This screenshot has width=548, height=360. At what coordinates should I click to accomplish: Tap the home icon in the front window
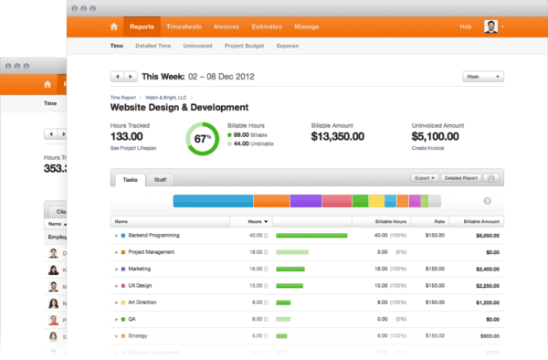point(113,27)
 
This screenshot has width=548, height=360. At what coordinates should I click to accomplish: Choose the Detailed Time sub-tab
point(153,45)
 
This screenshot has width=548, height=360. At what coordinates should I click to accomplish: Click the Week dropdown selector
point(483,77)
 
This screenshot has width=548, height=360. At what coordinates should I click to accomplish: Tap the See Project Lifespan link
point(132,147)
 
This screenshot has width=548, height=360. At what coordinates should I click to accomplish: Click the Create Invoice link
point(430,147)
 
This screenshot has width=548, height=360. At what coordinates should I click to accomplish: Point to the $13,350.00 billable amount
point(338,136)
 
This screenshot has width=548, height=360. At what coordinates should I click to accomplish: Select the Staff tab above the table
point(159,180)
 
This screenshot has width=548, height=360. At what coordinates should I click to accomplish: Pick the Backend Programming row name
point(153,235)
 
